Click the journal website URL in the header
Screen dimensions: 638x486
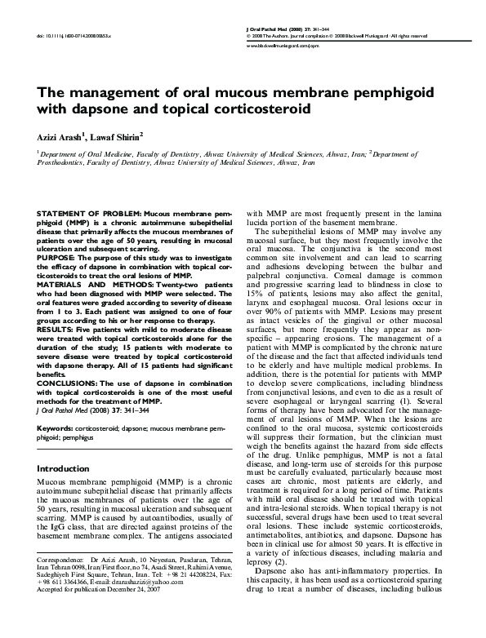click(x=282, y=47)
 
